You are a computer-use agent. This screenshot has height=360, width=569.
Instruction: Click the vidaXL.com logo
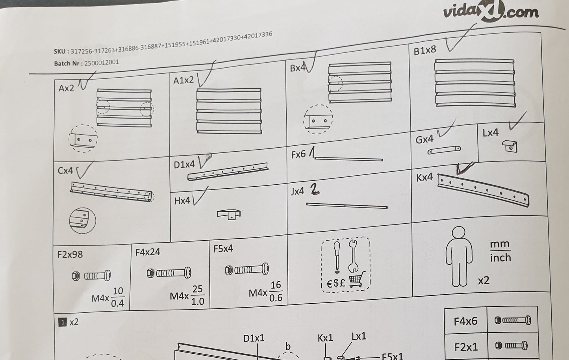(x=491, y=11)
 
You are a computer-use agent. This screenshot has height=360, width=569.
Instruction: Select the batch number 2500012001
(x=102, y=63)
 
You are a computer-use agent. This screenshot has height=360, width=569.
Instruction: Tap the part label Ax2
(x=66, y=88)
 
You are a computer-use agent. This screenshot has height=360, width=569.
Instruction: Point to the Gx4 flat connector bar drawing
(x=444, y=150)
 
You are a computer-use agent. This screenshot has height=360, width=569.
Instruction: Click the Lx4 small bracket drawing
(x=510, y=146)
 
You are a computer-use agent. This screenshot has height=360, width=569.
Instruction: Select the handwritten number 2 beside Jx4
(x=315, y=189)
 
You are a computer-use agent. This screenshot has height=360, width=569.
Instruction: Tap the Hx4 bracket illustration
(x=229, y=214)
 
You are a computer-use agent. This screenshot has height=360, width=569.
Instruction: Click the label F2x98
(x=70, y=254)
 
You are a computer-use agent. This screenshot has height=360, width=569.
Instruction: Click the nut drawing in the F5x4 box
(x=229, y=270)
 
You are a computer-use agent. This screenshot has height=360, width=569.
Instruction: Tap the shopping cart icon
(x=357, y=280)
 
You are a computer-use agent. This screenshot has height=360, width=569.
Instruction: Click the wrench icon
(x=353, y=256)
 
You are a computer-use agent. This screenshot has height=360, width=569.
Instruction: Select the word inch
(x=500, y=258)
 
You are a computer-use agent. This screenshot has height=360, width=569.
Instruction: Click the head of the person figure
(x=459, y=232)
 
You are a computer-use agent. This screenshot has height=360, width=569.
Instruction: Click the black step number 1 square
(x=63, y=322)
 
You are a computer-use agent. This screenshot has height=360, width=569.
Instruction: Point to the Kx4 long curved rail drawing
(x=483, y=190)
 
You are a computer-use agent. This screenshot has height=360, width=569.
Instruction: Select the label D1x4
(x=184, y=165)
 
